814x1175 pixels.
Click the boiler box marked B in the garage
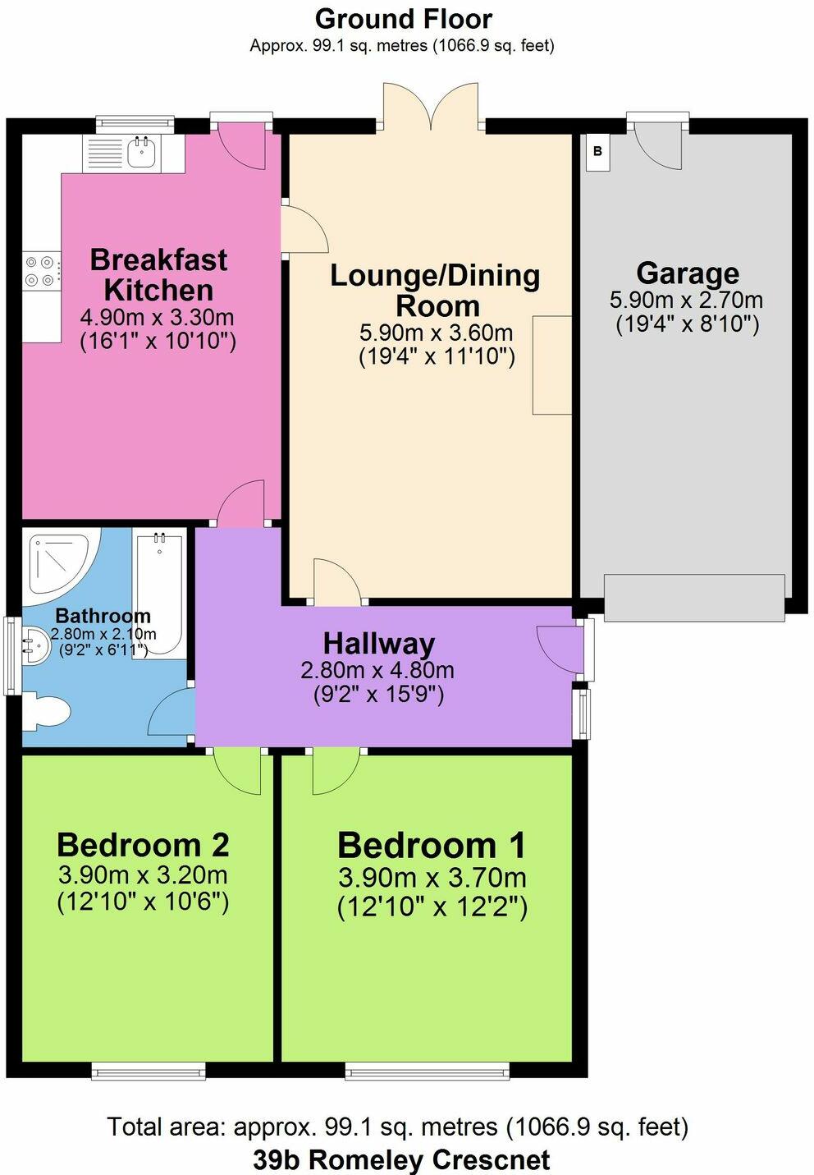597,152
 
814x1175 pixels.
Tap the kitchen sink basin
141,153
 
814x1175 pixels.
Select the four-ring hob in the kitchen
41,270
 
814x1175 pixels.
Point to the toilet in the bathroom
46,711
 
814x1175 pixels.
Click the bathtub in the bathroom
159,594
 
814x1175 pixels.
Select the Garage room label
688,273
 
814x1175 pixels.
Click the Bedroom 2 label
143,845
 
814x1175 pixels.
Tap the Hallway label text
378,644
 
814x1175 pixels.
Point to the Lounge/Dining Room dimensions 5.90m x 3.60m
436,332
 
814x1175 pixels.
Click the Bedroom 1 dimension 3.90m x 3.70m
432,878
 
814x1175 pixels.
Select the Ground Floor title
403,20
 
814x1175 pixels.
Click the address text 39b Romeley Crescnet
402,1159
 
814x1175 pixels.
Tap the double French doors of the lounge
431,106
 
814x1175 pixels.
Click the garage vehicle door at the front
694,598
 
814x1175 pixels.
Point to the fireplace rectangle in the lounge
552,365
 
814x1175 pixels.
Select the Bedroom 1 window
430,1070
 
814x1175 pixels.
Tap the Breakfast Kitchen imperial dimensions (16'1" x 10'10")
158,342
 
